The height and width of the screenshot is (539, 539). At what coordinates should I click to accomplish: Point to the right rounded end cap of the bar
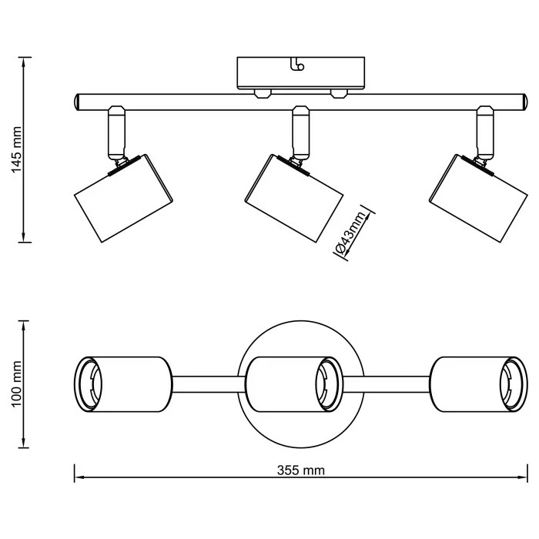[x=522, y=102]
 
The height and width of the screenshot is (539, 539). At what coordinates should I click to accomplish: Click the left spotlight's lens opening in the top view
[x=90, y=383]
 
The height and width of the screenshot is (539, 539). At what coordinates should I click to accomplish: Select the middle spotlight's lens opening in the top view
[x=327, y=383]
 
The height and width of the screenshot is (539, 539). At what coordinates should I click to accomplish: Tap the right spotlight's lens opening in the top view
[x=512, y=383]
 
